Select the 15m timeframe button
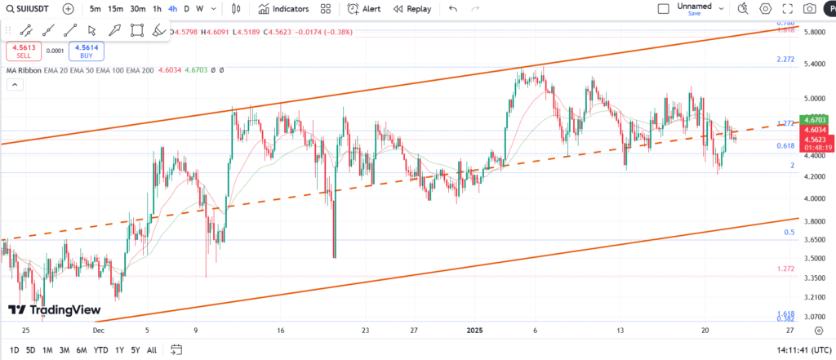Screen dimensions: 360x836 tap(116, 9)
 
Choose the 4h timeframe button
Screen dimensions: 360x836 tap(172, 9)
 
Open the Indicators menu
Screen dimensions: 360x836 tap(283, 9)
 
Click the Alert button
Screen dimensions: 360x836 tap(364, 9)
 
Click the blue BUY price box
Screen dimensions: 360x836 tap(86, 51)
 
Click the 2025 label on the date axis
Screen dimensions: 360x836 tap(476, 331)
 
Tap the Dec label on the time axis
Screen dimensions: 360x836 tap(98, 331)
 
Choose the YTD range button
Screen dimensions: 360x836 tap(101, 350)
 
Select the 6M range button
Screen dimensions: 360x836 tap(82, 350)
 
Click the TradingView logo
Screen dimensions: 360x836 tap(54, 310)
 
